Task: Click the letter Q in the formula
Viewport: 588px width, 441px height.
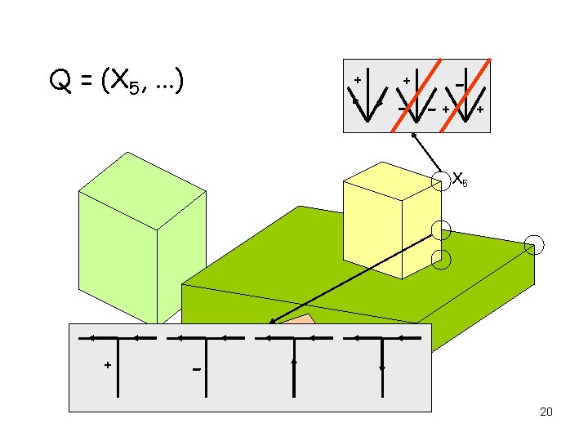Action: coord(59,81)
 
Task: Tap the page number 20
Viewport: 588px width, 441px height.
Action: coord(546,412)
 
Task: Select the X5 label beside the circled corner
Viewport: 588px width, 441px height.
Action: coord(460,178)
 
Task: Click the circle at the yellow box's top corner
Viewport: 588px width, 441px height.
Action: coord(440,178)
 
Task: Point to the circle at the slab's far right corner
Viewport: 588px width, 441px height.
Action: coord(534,243)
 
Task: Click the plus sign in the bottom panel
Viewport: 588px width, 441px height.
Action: coord(107,365)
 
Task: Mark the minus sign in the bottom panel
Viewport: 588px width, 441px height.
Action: coord(196,370)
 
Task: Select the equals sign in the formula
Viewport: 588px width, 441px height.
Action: coord(85,82)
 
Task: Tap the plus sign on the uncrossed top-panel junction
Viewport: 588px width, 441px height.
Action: coord(357,80)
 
